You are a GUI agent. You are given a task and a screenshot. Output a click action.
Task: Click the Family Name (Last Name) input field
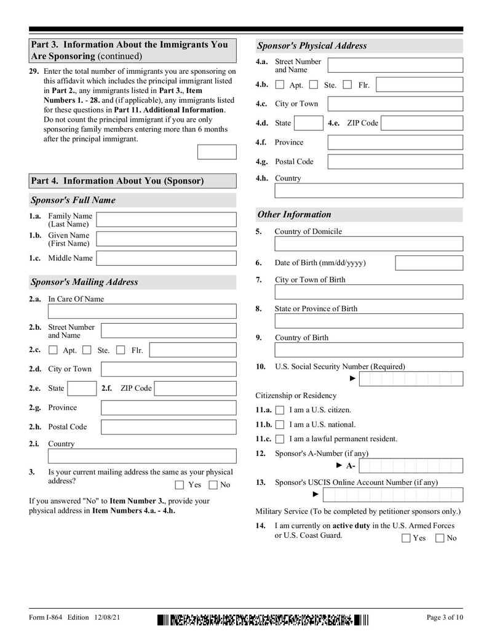[x=166, y=220]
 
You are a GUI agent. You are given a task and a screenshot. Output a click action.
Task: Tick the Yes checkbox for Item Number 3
[x=180, y=484]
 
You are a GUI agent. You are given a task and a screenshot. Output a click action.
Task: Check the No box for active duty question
[x=440, y=539]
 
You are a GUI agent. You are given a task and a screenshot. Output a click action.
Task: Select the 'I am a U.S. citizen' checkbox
[x=280, y=410]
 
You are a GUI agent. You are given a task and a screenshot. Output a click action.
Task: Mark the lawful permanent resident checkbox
[x=280, y=439]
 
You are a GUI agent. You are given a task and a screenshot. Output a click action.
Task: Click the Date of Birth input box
[x=429, y=263]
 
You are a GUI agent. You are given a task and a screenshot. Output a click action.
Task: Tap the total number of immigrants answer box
[x=216, y=152]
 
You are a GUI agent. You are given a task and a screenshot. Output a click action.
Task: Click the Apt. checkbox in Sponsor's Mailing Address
[x=53, y=351]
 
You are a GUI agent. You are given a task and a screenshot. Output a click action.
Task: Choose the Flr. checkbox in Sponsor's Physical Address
[x=347, y=85]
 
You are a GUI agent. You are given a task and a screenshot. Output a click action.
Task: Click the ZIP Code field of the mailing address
[x=195, y=388]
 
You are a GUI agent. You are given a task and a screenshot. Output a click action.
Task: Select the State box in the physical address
[x=307, y=123]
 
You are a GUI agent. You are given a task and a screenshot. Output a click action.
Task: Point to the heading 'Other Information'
[x=294, y=215]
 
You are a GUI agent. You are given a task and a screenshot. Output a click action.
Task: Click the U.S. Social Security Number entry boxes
[x=411, y=379]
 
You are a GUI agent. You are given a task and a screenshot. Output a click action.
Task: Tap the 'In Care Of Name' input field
[x=142, y=311]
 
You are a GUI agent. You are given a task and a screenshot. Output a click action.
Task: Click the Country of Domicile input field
[x=368, y=244]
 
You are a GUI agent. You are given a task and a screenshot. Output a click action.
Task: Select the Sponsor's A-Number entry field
[x=411, y=466]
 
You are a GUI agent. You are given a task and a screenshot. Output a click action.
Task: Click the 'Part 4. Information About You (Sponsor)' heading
[x=117, y=181]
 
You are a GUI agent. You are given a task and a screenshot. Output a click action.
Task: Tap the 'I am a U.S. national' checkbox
[x=280, y=425]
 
